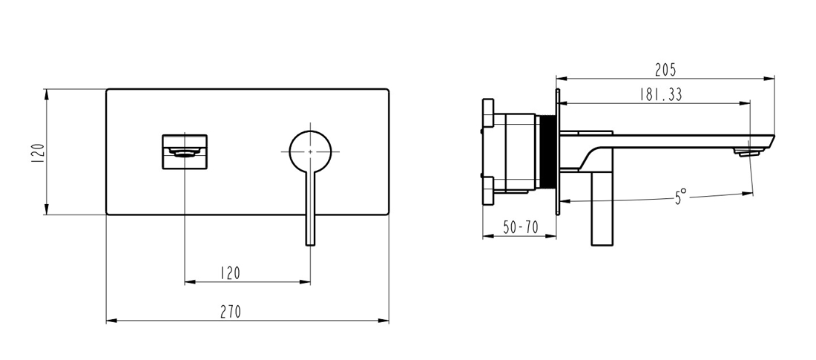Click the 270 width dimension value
(231, 312)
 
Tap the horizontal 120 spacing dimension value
(230, 273)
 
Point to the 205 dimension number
(665, 69)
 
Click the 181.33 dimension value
(660, 94)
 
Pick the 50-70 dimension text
(521, 227)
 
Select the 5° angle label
(681, 197)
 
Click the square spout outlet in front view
(185, 151)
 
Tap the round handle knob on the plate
(310, 151)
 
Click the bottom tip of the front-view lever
(310, 245)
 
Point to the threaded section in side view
(547, 151)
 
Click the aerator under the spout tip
(748, 151)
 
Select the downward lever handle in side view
(602, 209)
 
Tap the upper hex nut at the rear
(487, 113)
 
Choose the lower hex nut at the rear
(487, 191)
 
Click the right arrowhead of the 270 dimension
(384, 321)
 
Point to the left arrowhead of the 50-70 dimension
(487, 237)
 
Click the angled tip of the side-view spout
(773, 137)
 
